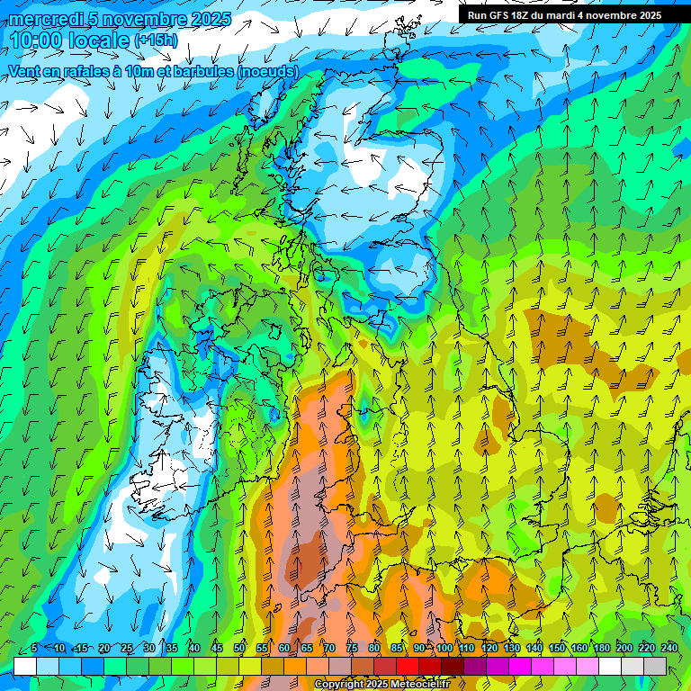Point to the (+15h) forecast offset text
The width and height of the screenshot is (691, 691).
point(156,40)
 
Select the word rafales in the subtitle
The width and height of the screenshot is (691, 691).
point(86,70)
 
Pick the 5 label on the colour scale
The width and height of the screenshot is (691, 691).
point(33,648)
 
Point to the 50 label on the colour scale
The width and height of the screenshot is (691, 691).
point(239,648)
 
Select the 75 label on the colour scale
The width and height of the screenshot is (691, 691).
point(352,648)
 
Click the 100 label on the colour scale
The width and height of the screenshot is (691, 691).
point(444,648)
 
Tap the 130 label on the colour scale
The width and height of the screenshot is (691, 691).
point(511,648)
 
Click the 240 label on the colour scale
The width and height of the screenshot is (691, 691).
point(669,648)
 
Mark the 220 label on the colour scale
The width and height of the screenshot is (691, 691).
point(646,648)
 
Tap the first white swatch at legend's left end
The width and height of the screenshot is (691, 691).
point(25,666)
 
